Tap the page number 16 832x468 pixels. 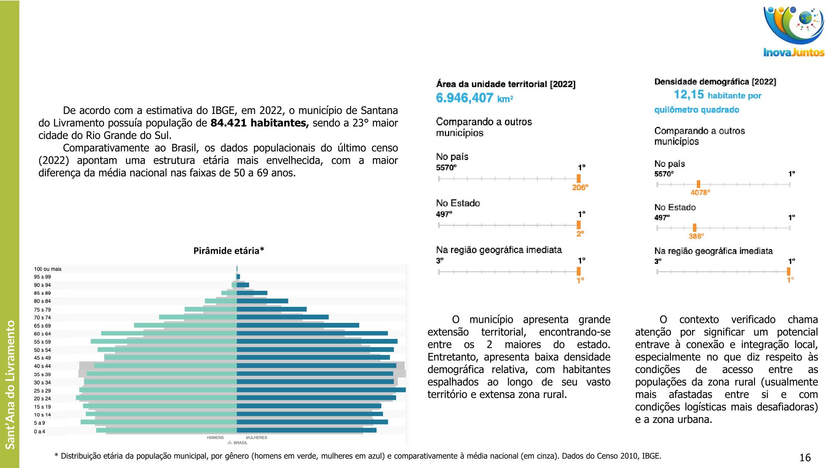tap(805, 458)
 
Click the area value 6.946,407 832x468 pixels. tap(465, 98)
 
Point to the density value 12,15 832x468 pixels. tap(689, 94)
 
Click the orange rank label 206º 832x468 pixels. tap(580, 188)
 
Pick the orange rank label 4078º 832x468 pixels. tap(700, 192)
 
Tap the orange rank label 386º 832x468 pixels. tap(696, 236)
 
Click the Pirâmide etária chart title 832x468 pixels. tap(228, 250)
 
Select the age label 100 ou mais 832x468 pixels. tap(48, 269)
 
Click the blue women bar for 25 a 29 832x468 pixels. tap(321, 390)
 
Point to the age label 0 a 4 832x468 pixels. tap(39, 432)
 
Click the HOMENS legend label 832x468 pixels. tap(215, 438)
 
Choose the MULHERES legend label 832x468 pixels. tap(257, 438)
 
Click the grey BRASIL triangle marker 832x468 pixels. tap(230, 442)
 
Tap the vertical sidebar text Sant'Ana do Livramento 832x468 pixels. tap(10, 384)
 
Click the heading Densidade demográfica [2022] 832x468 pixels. tap(715, 82)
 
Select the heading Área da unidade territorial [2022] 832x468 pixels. tap(506, 84)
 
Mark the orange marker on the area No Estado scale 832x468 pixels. tap(578, 225)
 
